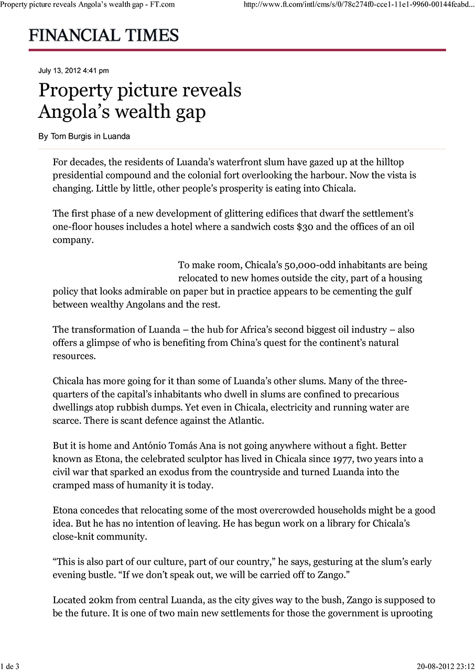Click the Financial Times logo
(x=104, y=35)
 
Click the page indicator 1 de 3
(x=10, y=666)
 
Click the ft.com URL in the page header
(x=359, y=5)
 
